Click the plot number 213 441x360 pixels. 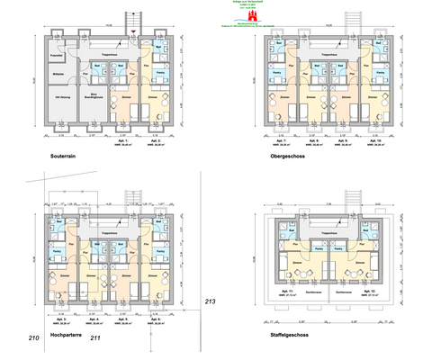pyautogui.click(x=211, y=301)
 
